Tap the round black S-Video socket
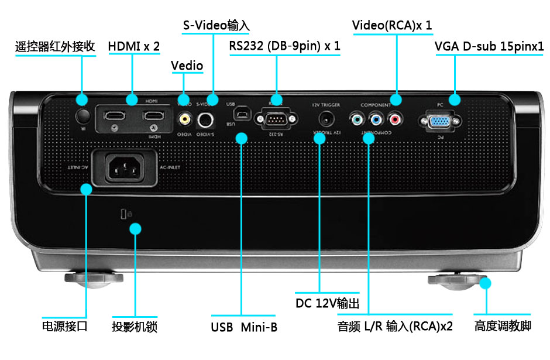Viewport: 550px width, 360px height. click(x=205, y=120)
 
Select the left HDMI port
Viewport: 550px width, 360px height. click(x=115, y=115)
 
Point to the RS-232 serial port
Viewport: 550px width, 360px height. click(x=273, y=119)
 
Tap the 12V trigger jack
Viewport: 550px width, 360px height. click(x=325, y=119)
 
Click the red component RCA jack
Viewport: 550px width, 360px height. click(x=395, y=120)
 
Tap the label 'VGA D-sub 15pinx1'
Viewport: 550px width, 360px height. click(x=489, y=46)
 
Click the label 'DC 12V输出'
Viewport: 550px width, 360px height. click(x=327, y=303)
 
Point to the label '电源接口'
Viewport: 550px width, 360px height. click(x=65, y=326)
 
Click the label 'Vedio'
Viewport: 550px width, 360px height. click(x=187, y=66)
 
